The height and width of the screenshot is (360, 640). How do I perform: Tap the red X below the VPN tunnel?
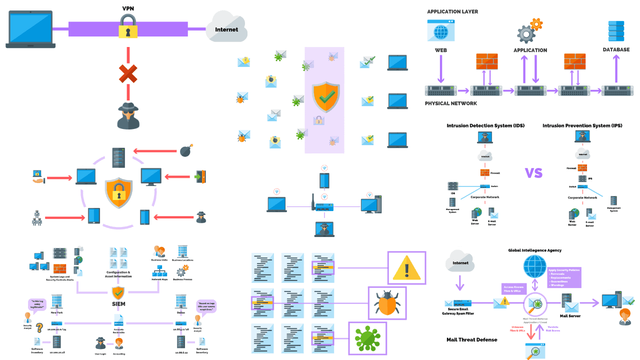pyautogui.click(x=128, y=74)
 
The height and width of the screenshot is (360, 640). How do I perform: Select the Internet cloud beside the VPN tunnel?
pyautogui.click(x=226, y=27)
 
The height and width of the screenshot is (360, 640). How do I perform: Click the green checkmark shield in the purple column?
pyautogui.click(x=324, y=97)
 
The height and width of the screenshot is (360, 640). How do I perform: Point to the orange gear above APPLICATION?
pyautogui.click(x=536, y=23)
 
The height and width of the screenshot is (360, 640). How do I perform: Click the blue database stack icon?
pyautogui.click(x=615, y=31)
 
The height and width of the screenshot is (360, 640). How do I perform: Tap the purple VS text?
pyautogui.click(x=534, y=173)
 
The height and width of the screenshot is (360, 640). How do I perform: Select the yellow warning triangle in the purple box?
pyautogui.click(x=406, y=268)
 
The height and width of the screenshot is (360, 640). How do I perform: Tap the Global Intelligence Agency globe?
pyautogui.click(x=535, y=266)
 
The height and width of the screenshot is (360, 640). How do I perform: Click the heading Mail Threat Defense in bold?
pyautogui.click(x=471, y=339)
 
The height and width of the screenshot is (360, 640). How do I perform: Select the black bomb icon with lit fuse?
pyautogui.click(x=185, y=150)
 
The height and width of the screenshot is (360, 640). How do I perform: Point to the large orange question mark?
pyautogui.click(x=38, y=314)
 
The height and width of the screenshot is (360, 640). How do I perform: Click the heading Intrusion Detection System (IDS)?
pyautogui.click(x=482, y=125)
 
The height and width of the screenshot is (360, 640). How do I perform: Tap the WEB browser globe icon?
pyautogui.click(x=440, y=30)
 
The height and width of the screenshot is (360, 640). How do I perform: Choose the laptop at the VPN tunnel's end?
pyautogui.click(x=31, y=30)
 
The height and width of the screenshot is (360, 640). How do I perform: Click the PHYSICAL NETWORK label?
pyautogui.click(x=450, y=103)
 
